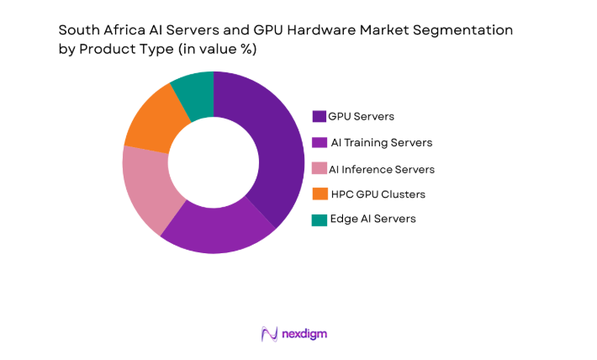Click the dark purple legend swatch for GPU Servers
(320, 116)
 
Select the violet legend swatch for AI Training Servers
(320, 142)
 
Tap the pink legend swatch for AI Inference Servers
(320, 168)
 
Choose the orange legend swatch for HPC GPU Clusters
(320, 193)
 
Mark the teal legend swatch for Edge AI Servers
(320, 219)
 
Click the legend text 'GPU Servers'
(361, 116)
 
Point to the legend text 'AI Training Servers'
(382, 143)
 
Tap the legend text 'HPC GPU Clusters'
(377, 194)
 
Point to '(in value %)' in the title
(214, 50)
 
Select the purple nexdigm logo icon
(269, 334)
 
